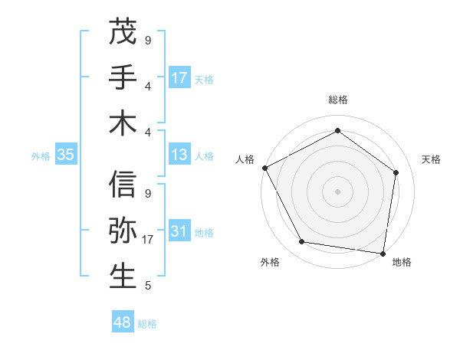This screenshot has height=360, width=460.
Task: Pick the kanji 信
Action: [x=123, y=185]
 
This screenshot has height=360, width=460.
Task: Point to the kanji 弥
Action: [x=123, y=231]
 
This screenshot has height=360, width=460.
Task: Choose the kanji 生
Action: [x=123, y=277]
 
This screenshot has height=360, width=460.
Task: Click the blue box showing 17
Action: [x=179, y=78]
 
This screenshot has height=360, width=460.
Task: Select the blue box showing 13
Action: [x=179, y=155]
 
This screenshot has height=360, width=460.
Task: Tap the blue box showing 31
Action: [x=179, y=231]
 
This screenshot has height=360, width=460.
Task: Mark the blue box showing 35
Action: [x=66, y=155]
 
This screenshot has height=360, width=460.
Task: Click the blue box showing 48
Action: [x=123, y=322]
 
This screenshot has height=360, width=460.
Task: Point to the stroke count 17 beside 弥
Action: [x=149, y=240]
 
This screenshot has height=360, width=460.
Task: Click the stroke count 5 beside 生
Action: [x=147, y=286]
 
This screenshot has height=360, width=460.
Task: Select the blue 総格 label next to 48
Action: [x=148, y=324]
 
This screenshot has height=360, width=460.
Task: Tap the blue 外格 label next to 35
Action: [x=41, y=155]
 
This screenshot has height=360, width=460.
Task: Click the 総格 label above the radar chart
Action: [x=337, y=100]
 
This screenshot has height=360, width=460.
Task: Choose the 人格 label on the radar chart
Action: [x=245, y=159]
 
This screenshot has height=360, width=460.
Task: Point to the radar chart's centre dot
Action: [x=337, y=191]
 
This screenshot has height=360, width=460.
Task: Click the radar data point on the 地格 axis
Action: [x=383, y=253]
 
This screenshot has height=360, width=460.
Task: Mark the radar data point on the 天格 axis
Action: [x=396, y=172]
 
